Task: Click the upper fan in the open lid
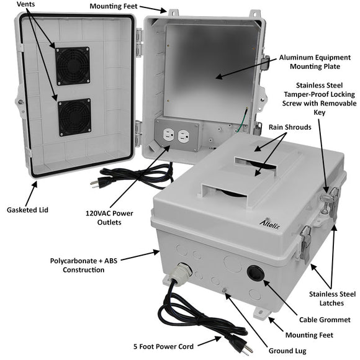(x=73, y=66)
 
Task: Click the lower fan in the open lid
(x=74, y=117)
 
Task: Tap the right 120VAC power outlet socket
(x=183, y=135)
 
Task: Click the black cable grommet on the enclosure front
(x=254, y=274)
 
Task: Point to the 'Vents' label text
(x=25, y=5)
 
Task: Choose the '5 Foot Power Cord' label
(x=163, y=346)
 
